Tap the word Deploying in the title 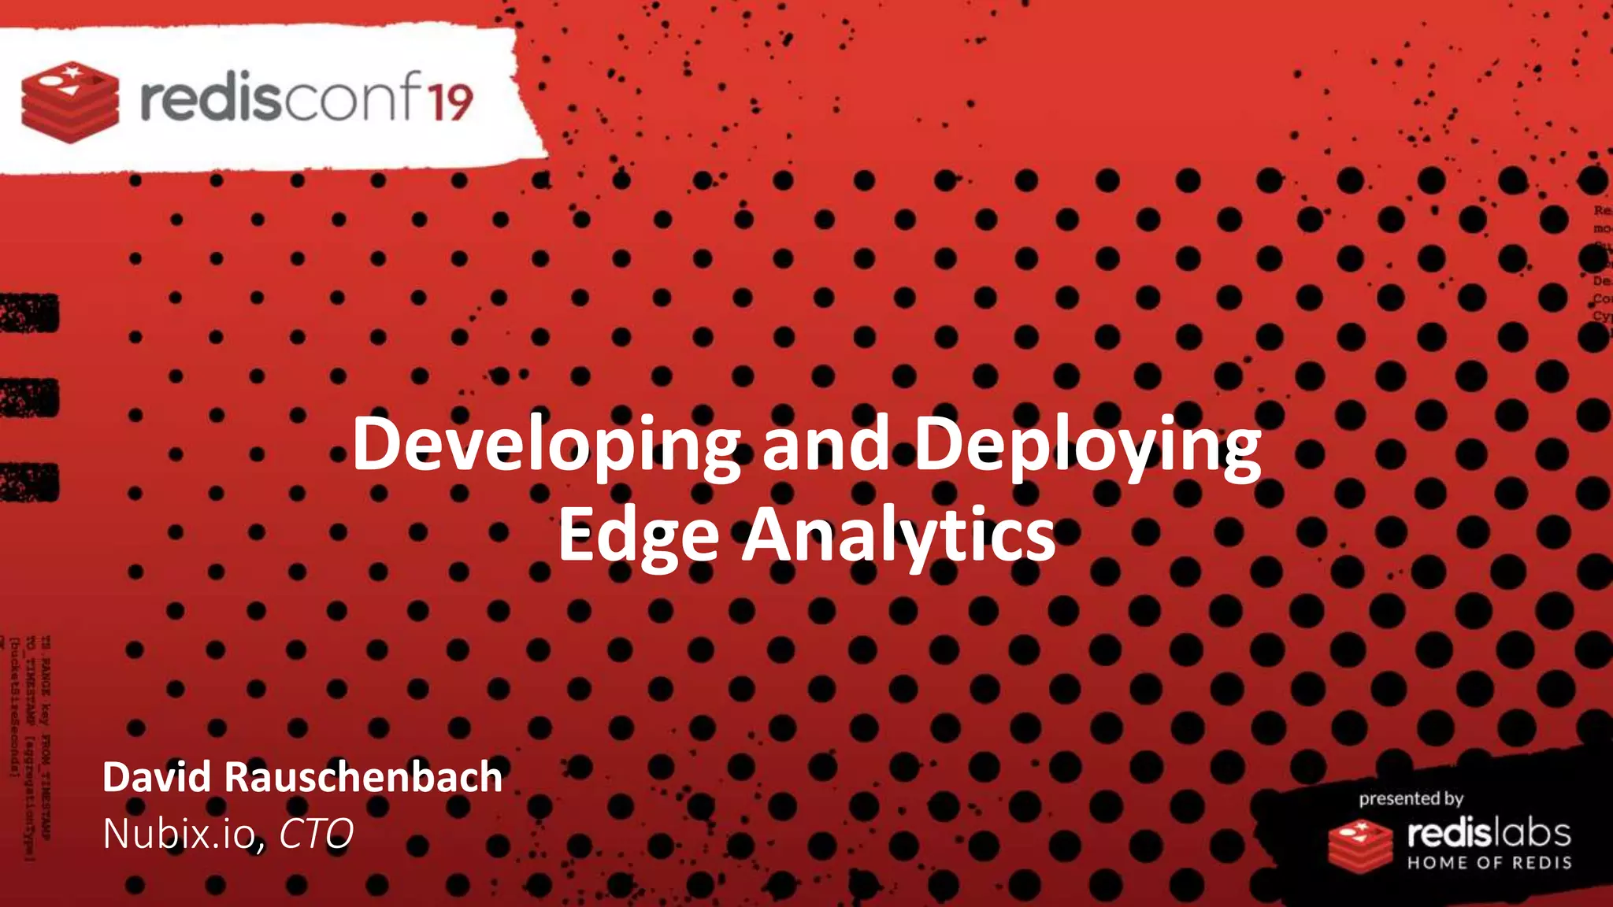pos(1087,445)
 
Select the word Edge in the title pos(638,535)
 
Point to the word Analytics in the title pos(898,535)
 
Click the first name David pos(157,777)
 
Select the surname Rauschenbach pos(363,777)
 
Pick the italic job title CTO pos(316,834)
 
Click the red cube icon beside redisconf pos(70,102)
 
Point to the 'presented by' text pos(1410,798)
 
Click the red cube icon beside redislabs pos(1360,845)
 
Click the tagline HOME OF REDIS pos(1489,862)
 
